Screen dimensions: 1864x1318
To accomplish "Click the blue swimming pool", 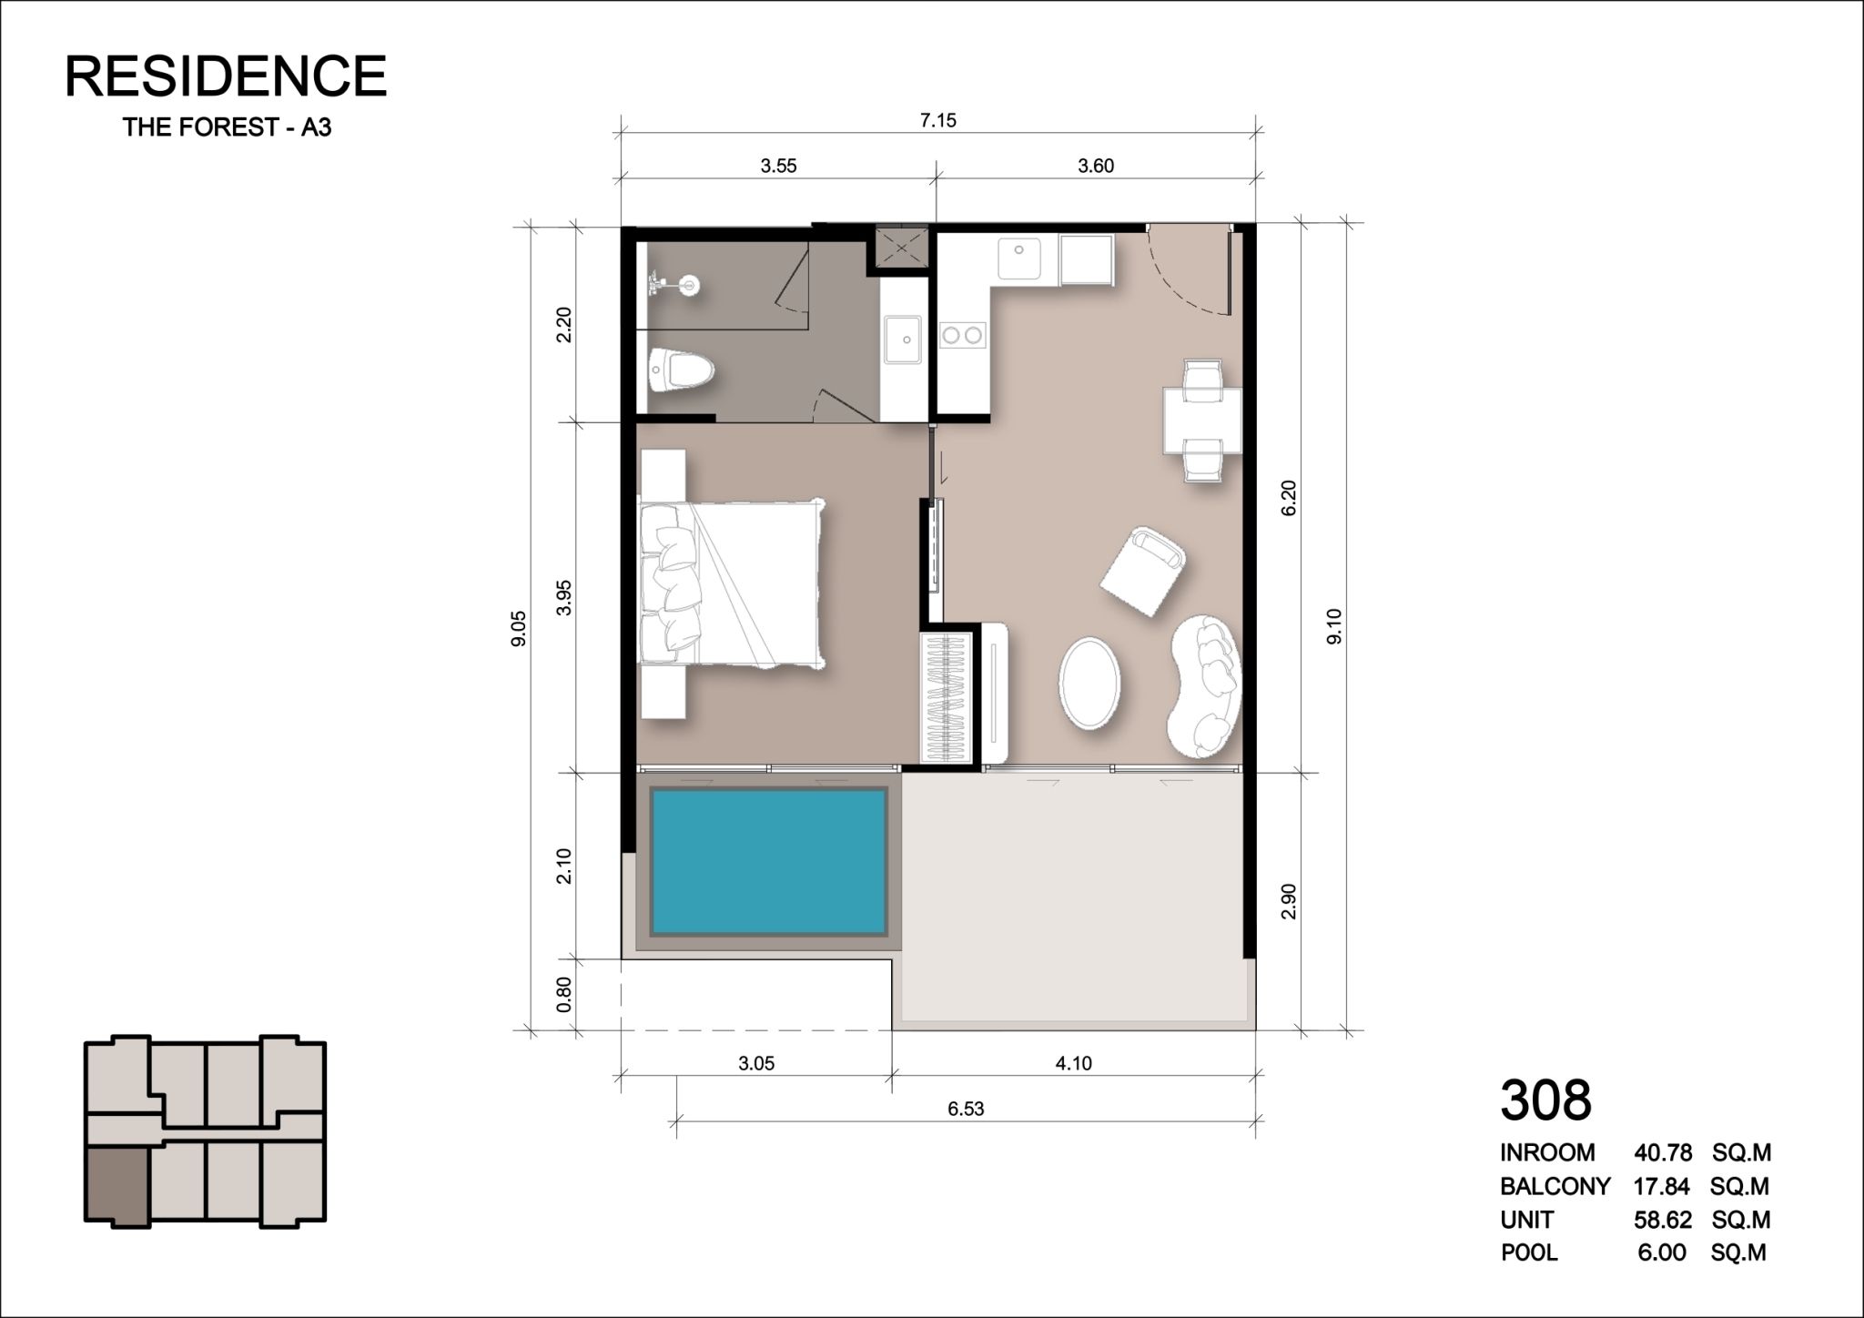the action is (x=768, y=861).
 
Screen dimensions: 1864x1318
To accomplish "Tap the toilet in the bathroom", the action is (x=682, y=370).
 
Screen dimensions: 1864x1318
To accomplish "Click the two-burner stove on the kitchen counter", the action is (x=963, y=335).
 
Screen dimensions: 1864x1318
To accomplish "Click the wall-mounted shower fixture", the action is (x=672, y=285).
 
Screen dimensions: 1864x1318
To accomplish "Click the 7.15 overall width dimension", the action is (x=938, y=120).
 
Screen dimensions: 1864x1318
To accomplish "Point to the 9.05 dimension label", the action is (x=519, y=628).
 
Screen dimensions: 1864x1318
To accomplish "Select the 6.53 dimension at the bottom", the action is (x=966, y=1108).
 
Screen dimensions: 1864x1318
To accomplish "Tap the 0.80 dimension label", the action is (x=564, y=994).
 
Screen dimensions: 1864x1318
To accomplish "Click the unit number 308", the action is (x=1545, y=1100).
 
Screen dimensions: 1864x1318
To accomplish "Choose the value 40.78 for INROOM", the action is (x=1663, y=1153).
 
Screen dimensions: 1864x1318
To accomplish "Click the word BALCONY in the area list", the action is (x=1555, y=1186).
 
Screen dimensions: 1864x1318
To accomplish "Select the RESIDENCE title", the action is (x=226, y=76).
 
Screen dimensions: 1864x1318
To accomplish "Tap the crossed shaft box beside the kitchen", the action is (x=901, y=247).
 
